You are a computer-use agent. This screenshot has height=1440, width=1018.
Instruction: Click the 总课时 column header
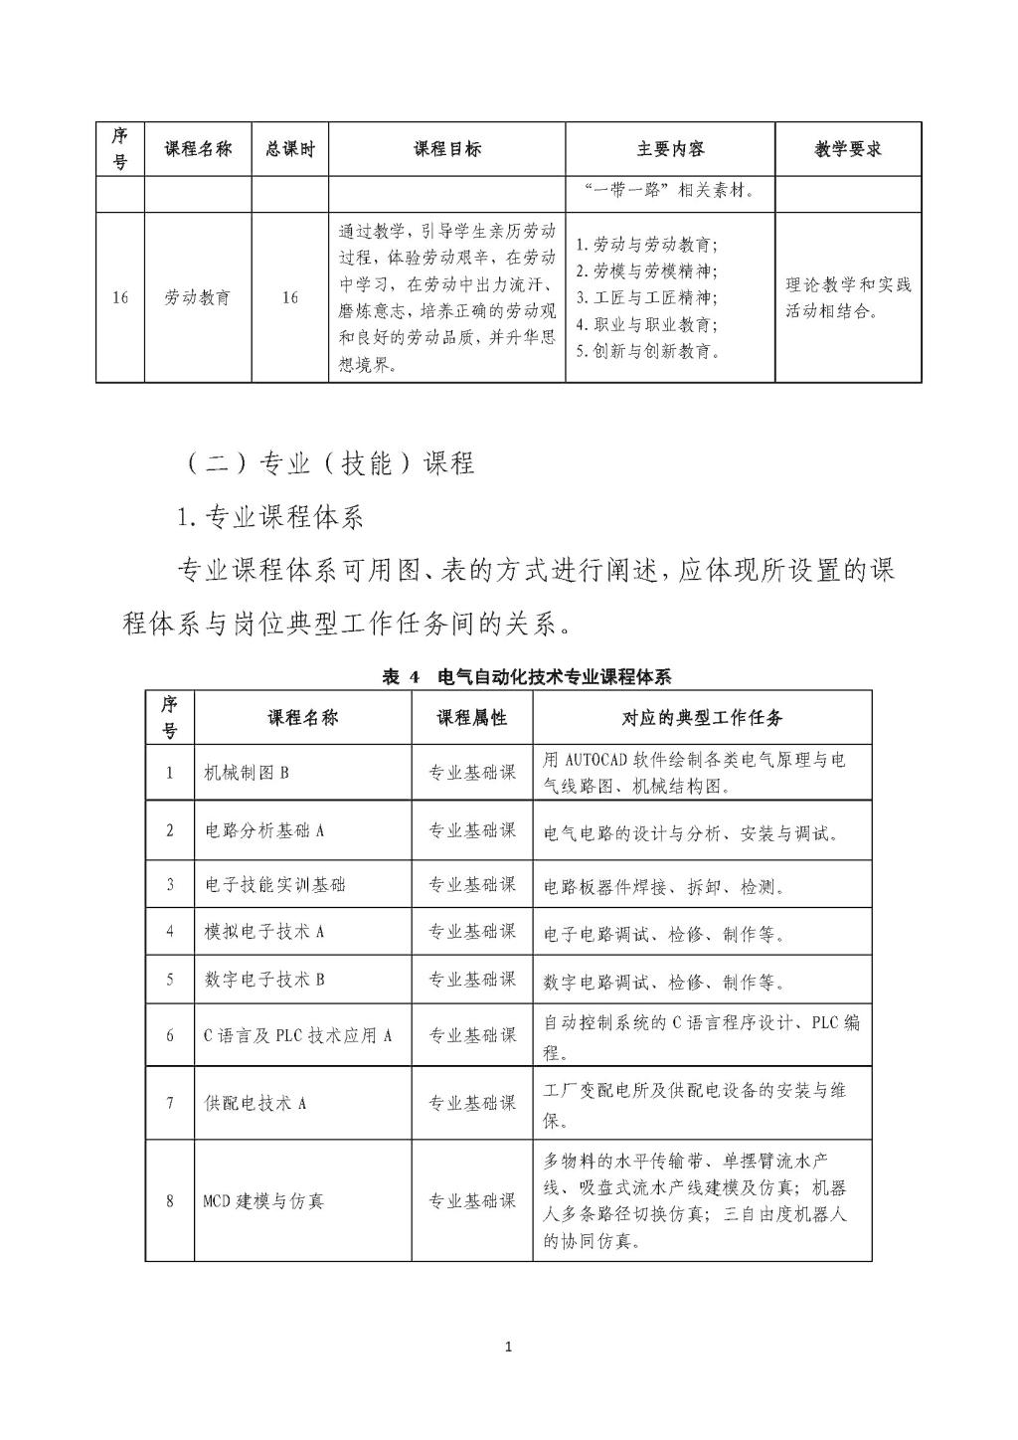click(x=289, y=149)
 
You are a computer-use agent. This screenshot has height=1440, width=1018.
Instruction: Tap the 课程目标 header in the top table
click(x=447, y=149)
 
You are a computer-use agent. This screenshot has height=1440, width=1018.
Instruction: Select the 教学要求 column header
click(x=848, y=149)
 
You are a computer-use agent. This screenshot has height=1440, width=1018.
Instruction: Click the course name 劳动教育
click(x=197, y=296)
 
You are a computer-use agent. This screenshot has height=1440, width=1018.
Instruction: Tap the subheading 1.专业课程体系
click(x=269, y=516)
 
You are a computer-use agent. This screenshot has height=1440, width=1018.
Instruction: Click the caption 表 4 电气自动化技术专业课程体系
click(x=527, y=677)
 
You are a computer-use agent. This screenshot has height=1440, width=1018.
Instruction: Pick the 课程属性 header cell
click(x=472, y=717)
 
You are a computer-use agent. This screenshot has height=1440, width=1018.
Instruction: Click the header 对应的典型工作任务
click(x=702, y=717)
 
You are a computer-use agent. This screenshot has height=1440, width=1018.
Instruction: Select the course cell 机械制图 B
click(x=247, y=772)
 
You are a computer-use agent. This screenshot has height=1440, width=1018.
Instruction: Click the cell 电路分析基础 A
click(x=264, y=829)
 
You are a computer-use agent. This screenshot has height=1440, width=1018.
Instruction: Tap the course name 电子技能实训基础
click(x=275, y=884)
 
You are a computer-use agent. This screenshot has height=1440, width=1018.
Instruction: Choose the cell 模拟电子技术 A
click(x=264, y=931)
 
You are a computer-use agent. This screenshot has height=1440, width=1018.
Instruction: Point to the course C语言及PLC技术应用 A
click(x=297, y=1035)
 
